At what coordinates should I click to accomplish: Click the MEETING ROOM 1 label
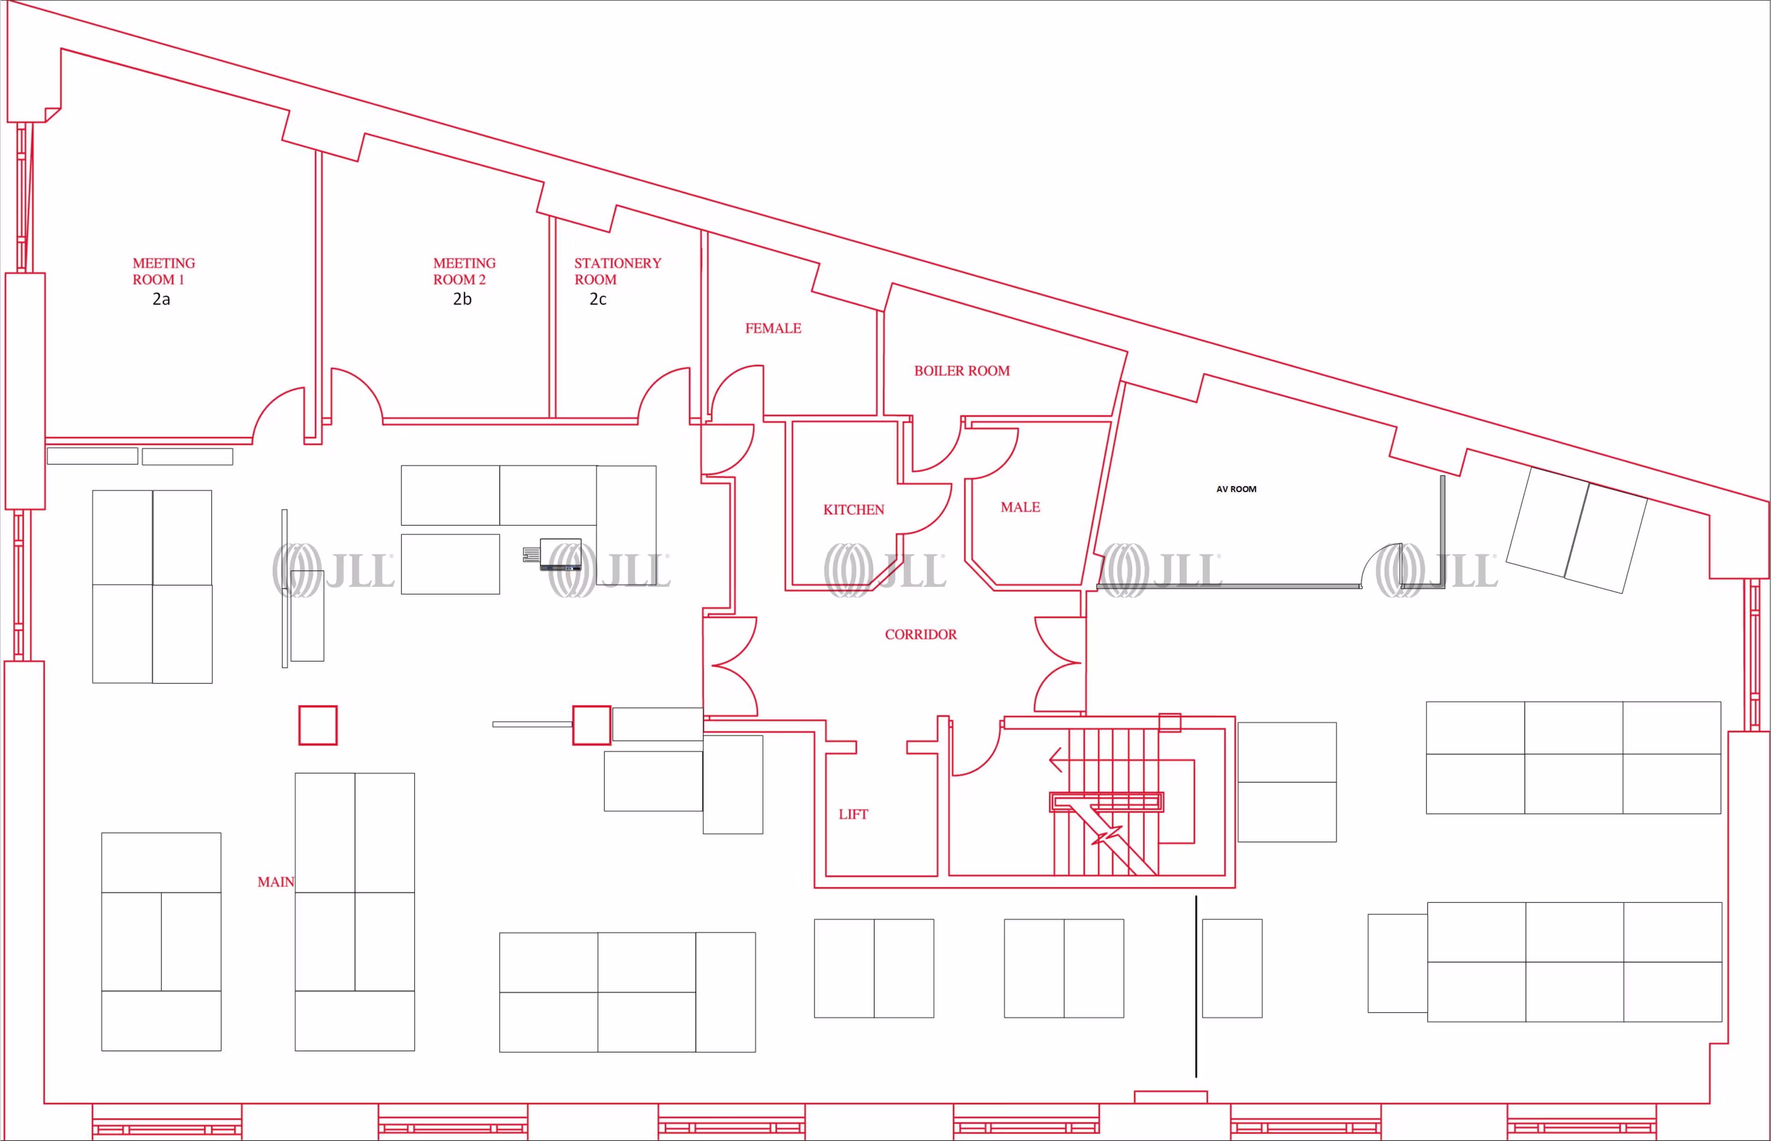tap(164, 271)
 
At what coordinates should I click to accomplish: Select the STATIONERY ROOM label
tap(617, 271)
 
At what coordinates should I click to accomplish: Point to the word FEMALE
tap(773, 328)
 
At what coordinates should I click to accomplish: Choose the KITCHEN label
tap(853, 510)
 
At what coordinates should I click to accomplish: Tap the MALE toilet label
tap(1020, 507)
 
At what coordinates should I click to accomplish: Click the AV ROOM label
tap(1236, 489)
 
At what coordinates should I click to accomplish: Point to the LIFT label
tap(853, 814)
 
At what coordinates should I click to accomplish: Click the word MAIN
tap(275, 882)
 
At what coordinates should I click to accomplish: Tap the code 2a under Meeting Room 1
tap(161, 299)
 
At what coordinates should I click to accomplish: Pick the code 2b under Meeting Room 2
tap(462, 299)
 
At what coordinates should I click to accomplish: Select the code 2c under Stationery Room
tap(598, 299)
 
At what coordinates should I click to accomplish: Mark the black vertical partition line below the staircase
tap(1195, 986)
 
